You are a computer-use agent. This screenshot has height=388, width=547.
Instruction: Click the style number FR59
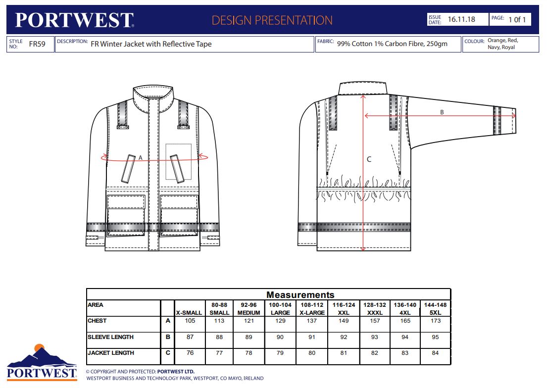[x=37, y=44]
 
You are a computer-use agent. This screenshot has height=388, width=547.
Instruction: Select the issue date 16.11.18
[x=461, y=19]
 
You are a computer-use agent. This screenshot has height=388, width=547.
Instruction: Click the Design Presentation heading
[x=272, y=20]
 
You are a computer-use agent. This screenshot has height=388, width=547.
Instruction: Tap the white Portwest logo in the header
[x=74, y=20]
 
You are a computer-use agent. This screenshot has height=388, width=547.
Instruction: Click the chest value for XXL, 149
[x=344, y=321]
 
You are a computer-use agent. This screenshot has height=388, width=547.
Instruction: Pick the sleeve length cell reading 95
[x=435, y=337]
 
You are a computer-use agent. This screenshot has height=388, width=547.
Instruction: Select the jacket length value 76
[x=190, y=353]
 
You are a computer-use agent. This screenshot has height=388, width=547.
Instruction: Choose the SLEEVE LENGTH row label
[x=110, y=337]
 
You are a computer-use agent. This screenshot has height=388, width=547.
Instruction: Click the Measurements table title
[x=300, y=295]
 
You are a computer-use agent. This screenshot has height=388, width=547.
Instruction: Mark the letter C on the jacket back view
[x=369, y=159]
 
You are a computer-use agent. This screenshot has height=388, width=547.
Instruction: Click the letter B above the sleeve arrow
[x=442, y=112]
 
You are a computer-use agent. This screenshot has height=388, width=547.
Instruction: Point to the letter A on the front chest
[x=140, y=158]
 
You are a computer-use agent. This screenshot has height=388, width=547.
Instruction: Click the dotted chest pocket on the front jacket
[x=178, y=161]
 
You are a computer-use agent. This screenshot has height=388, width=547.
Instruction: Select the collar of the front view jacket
[x=153, y=99]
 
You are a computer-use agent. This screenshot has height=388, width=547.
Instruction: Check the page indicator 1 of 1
[x=517, y=20]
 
